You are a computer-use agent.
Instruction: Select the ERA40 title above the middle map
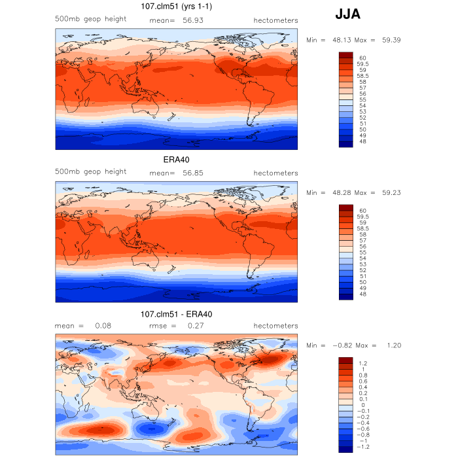pos(176,160)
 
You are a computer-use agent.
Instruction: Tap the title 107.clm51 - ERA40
pos(176,314)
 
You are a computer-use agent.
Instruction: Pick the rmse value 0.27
pos(196,326)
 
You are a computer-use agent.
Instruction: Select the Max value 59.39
pos(391,40)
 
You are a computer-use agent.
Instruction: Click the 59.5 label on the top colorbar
pos(362,64)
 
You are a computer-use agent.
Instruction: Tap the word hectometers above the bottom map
pos(275,326)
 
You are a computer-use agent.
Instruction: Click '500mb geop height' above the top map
pos(90,19)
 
